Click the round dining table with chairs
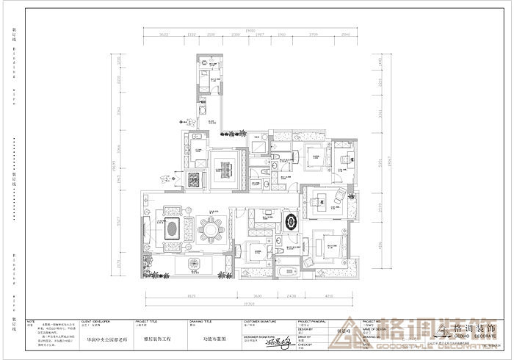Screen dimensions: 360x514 pyautogui.click(x=211, y=229)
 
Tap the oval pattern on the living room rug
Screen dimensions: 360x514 pyautogui.click(x=171, y=228)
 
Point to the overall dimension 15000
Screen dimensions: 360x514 pyautogui.click(x=250, y=29)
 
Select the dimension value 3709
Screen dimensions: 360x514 pyautogui.click(x=313, y=35)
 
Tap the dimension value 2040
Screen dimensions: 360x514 pyautogui.click(x=346, y=35)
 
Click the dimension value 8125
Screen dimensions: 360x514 pyautogui.click(x=192, y=297)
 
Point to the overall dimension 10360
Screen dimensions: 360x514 pyautogui.click(x=249, y=303)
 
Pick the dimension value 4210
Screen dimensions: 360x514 pyautogui.click(x=329, y=297)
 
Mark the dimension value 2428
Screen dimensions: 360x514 pyautogui.click(x=292, y=297)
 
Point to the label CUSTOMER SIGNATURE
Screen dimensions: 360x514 pyautogui.click(x=261, y=322)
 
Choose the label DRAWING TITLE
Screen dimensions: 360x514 pyautogui.click(x=201, y=322)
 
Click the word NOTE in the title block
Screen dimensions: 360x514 pyautogui.click(x=31, y=321)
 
